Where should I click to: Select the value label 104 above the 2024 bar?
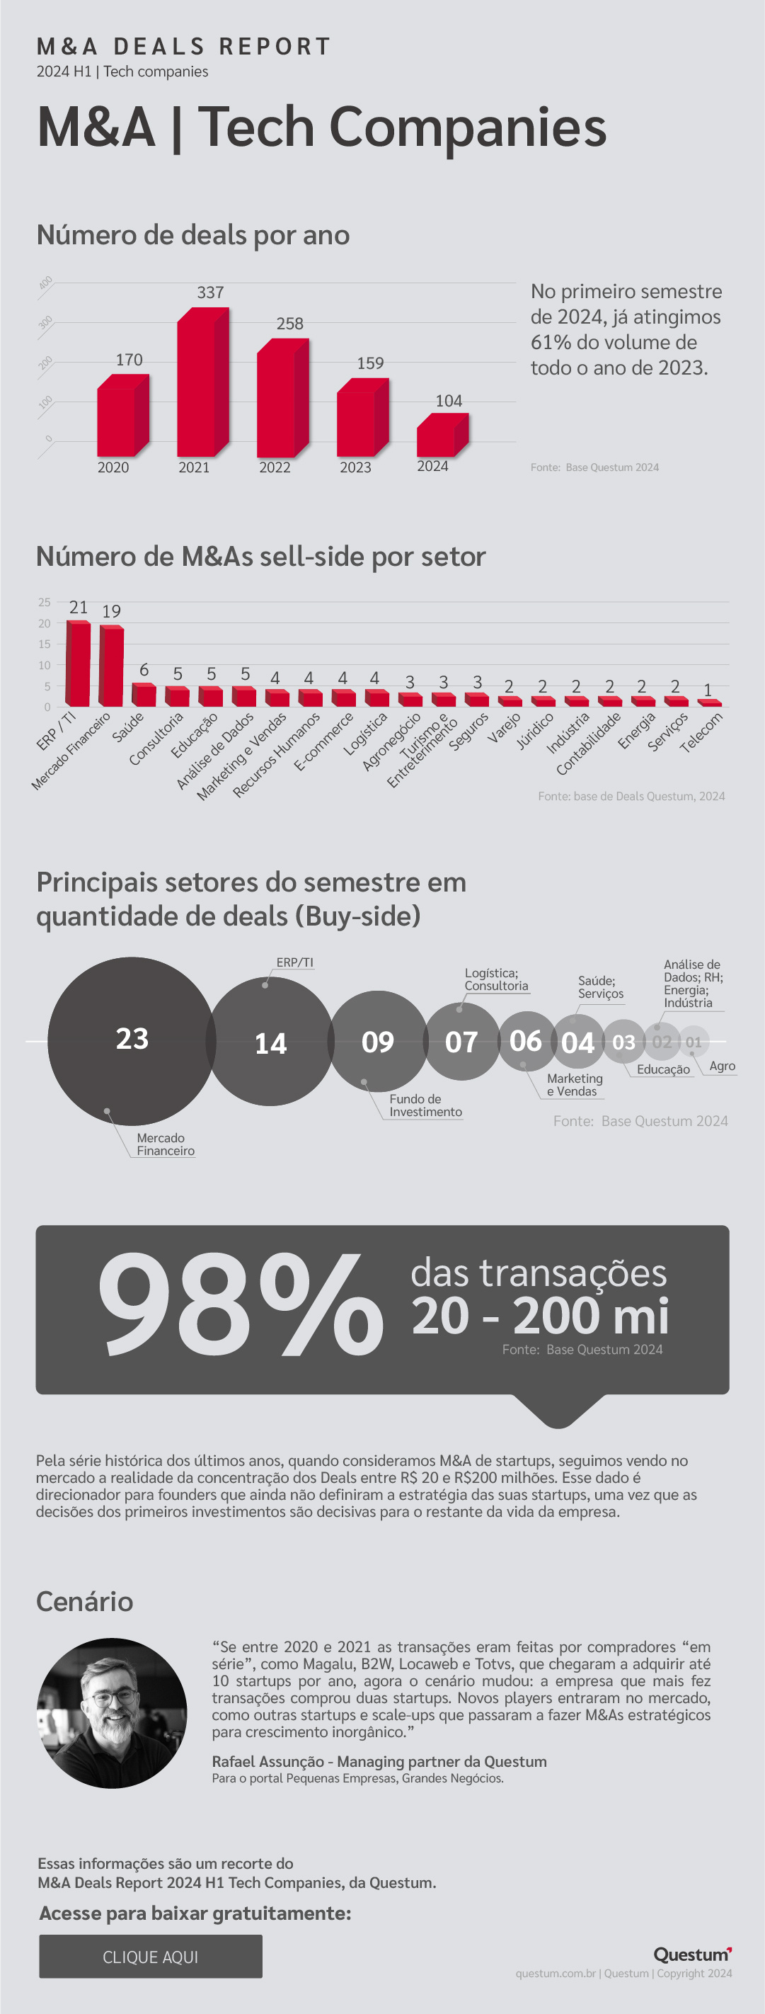click(x=449, y=401)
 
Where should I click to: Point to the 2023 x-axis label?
click(x=355, y=467)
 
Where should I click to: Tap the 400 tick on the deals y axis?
click(x=46, y=283)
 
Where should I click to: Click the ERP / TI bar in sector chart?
click(x=78, y=664)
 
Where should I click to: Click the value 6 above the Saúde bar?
click(x=144, y=670)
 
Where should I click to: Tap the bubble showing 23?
click(x=132, y=1040)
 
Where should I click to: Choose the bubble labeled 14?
click(x=270, y=1043)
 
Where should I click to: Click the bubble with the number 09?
click(x=377, y=1042)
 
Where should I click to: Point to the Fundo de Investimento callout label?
click(x=425, y=1105)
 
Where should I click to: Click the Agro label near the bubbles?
click(x=722, y=1066)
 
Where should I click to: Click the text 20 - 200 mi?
click(x=540, y=1316)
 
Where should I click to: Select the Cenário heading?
click(x=84, y=1602)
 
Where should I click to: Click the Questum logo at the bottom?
click(x=692, y=1955)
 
